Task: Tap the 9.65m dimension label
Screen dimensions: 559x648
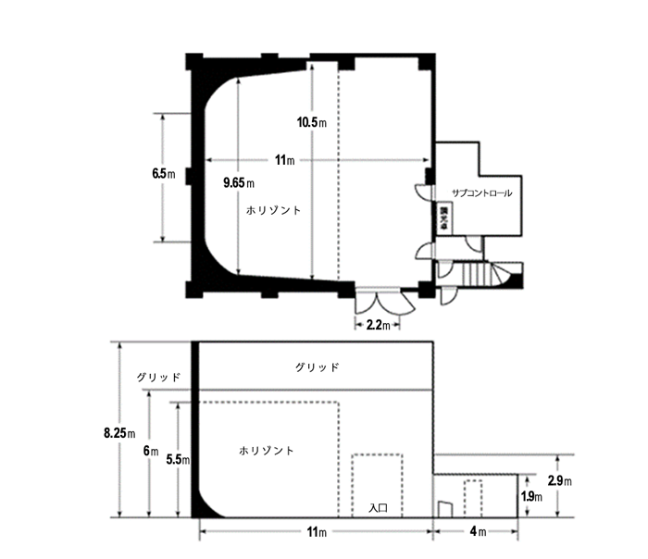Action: [239, 182]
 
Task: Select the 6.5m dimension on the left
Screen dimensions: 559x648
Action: [163, 174]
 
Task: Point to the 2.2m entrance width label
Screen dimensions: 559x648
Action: [377, 325]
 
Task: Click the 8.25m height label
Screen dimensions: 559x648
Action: [119, 431]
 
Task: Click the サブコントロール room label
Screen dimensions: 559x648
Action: [480, 193]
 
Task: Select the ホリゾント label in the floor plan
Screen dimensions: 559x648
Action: [274, 211]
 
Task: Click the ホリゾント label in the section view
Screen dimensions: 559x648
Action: [266, 451]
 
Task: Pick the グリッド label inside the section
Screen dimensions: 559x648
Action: [317, 367]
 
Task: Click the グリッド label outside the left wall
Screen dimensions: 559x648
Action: [158, 378]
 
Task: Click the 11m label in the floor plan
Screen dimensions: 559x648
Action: [285, 161]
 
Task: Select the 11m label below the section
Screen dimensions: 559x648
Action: [316, 533]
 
